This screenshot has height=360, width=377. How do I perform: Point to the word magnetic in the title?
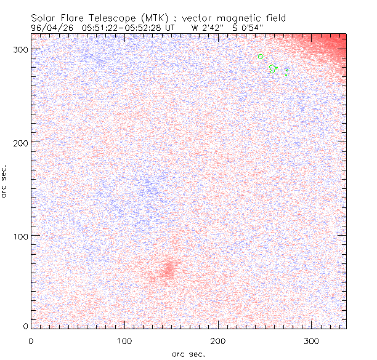coord(244,18)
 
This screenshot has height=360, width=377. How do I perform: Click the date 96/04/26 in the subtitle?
coord(51,28)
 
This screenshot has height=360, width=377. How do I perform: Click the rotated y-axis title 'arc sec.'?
coord(5,181)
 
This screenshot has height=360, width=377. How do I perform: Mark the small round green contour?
coord(261,57)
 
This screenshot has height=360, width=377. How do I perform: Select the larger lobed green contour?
coord(274,69)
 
